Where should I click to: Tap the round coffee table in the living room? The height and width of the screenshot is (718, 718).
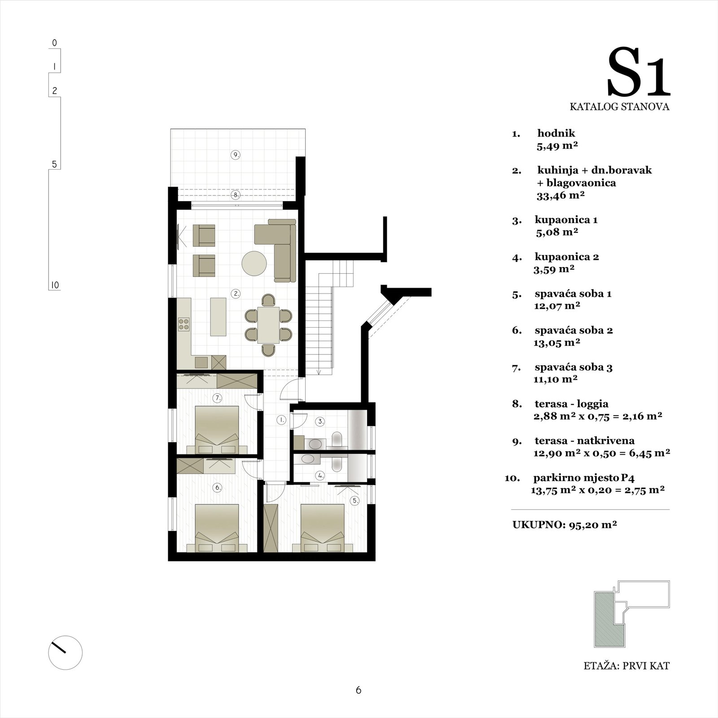click(x=254, y=263)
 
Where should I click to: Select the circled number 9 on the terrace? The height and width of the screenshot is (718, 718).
click(x=235, y=155)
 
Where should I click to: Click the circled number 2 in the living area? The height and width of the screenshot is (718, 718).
click(x=236, y=294)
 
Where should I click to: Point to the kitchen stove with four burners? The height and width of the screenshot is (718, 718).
click(x=184, y=324)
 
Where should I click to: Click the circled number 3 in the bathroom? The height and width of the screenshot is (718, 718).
click(x=320, y=421)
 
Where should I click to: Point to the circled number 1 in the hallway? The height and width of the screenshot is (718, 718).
click(x=281, y=420)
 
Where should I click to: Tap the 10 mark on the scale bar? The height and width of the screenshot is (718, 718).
click(x=55, y=285)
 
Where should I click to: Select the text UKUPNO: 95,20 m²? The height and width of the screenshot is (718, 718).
click(x=565, y=524)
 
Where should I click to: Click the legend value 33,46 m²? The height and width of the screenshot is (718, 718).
click(x=560, y=195)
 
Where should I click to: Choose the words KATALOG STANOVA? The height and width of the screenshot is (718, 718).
click(x=620, y=107)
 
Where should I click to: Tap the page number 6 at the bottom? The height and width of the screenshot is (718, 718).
click(x=358, y=690)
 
